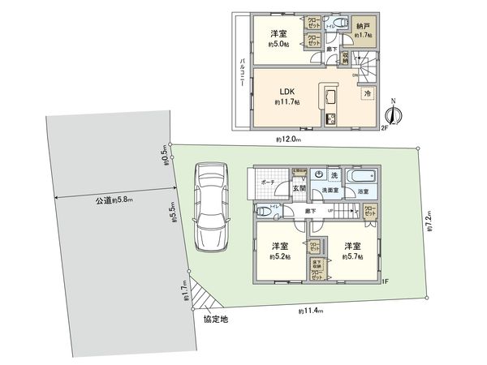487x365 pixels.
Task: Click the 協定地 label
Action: pyautogui.click(x=215, y=320)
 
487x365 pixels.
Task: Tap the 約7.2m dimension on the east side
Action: pyautogui.click(x=428, y=220)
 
